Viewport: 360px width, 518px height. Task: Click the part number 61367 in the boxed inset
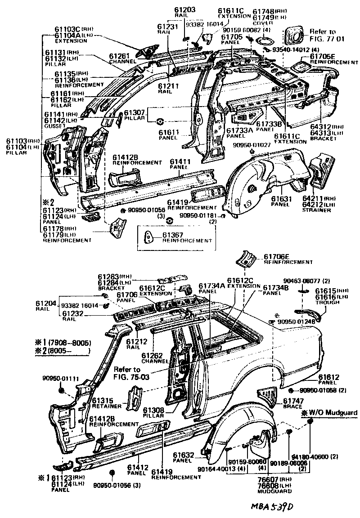173,235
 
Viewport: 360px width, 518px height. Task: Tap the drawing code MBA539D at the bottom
272,507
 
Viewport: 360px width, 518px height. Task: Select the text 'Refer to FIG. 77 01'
323,35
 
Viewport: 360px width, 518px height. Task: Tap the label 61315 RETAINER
108,403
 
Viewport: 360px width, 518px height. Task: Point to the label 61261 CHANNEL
120,58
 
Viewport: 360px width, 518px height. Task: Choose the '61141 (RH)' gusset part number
61,115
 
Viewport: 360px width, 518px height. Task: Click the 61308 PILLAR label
153,413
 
